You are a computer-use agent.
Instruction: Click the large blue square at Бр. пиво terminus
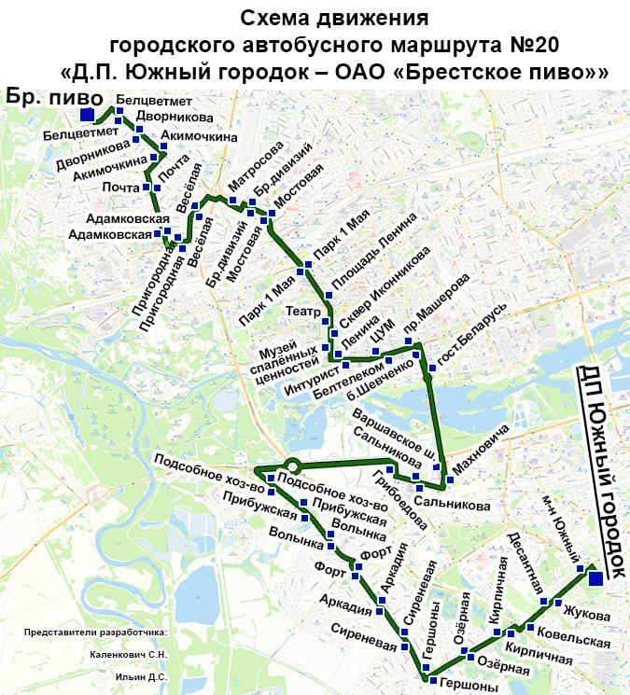click(86, 115)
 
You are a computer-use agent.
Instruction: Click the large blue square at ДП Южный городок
click(596, 578)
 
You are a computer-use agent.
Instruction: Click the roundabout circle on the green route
click(292, 465)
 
